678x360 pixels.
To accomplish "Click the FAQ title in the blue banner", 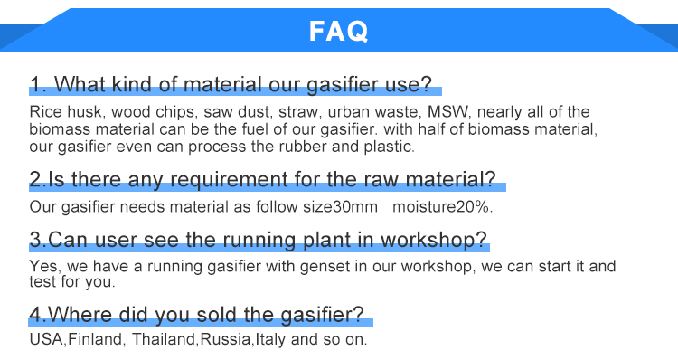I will tap(339, 32).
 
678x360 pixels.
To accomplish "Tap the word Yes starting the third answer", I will tap(42, 267).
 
